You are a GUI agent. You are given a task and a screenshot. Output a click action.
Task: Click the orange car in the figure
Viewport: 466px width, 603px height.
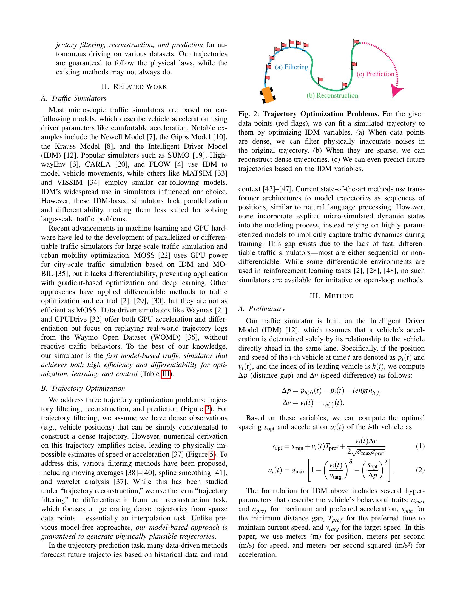[267, 95]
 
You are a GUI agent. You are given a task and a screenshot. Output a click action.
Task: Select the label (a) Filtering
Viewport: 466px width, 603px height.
[292, 67]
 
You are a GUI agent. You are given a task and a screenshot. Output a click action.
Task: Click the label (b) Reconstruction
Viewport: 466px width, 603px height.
[332, 96]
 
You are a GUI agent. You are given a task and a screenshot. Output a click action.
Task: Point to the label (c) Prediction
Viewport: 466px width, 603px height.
[375, 74]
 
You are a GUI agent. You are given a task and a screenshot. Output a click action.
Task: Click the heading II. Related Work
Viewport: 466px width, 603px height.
[134, 87]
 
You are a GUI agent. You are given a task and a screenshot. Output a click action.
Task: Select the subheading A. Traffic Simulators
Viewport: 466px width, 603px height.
[73, 98]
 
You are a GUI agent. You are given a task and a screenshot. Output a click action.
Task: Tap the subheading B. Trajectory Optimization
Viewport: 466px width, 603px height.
[83, 388]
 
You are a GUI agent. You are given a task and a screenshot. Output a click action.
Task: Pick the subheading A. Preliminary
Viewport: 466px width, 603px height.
[262, 308]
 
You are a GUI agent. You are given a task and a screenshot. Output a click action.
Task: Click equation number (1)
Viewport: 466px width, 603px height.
[420, 446]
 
